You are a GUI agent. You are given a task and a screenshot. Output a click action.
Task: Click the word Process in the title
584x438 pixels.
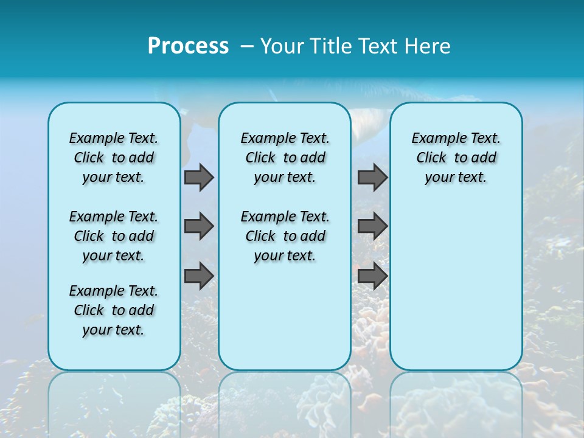[188, 46]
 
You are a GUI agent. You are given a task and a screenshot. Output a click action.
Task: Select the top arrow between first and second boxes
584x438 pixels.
[199, 177]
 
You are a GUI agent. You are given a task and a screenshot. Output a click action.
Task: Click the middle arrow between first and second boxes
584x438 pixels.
[199, 226]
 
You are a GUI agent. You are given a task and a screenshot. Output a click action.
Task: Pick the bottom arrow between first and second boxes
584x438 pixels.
[199, 276]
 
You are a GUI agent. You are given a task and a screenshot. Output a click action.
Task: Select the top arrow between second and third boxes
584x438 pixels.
[372, 177]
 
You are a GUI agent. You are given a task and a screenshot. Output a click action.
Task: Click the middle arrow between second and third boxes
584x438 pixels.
[372, 226]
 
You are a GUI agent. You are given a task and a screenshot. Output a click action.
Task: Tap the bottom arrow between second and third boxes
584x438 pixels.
[372, 276]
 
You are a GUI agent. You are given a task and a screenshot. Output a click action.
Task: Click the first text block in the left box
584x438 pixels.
[114, 158]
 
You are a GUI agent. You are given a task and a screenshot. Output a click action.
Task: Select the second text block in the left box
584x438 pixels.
[114, 236]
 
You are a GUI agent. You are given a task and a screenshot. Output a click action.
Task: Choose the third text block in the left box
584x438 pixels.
[114, 310]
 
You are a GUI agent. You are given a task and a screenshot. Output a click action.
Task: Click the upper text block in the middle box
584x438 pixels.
[285, 158]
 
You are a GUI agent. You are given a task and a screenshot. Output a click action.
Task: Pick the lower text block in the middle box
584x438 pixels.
[285, 236]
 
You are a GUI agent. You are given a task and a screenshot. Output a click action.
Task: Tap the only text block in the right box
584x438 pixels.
[456, 158]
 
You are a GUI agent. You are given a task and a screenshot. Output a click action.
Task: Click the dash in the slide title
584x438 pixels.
[247, 46]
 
